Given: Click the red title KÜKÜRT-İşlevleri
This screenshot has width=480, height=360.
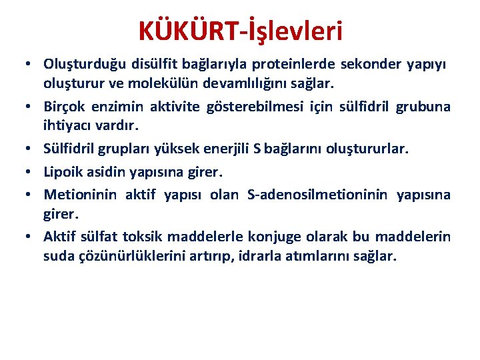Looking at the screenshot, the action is tap(240, 31).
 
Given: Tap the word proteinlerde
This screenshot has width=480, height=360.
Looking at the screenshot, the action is tap(289, 64).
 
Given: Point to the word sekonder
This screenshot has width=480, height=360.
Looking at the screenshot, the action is tap(371, 64).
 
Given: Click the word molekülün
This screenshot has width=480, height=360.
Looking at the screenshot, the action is tap(163, 83).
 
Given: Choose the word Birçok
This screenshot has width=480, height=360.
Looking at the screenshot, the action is tap(64, 107).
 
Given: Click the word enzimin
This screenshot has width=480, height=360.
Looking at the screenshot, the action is tap(117, 107).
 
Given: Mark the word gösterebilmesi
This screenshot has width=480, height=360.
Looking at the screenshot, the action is tap(255, 107).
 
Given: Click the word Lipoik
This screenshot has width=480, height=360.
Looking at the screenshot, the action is tap(63, 172).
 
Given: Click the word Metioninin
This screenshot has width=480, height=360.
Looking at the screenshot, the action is tap(80, 195).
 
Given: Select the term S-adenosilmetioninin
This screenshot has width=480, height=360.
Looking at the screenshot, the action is tap(317, 195).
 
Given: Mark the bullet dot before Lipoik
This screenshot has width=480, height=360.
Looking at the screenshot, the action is tap(28, 172).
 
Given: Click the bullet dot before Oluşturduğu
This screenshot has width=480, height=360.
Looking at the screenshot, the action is tap(28, 64).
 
